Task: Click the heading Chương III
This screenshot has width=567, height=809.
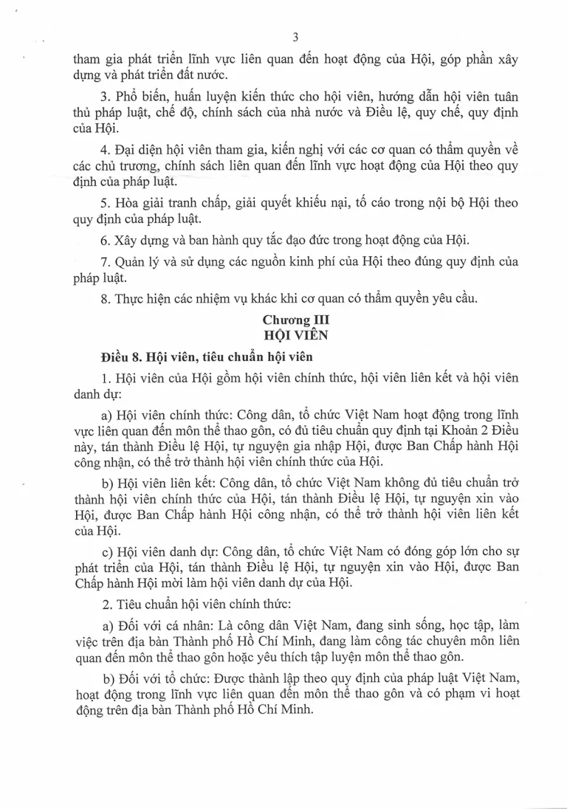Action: pyautogui.click(x=295, y=320)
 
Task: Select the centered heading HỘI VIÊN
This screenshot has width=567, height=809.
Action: pyautogui.click(x=295, y=334)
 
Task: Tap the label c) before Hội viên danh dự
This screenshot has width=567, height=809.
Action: pyautogui.click(x=107, y=551)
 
